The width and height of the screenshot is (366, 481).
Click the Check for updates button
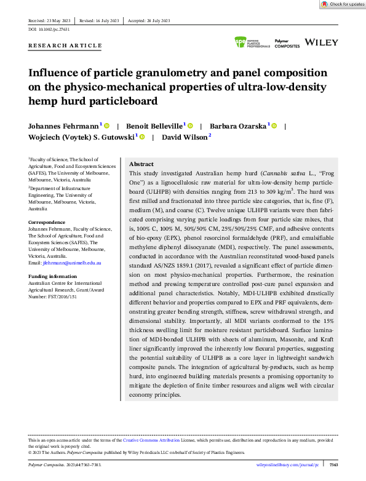click(343, 4)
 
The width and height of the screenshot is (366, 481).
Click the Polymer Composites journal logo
click(287, 44)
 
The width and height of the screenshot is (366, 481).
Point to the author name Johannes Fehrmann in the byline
click(65, 125)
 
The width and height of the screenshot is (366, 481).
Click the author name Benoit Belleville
click(154, 125)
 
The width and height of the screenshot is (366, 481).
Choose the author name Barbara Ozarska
click(237, 125)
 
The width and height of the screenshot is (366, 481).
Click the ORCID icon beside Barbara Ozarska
click(274, 126)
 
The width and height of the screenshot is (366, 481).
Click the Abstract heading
click(141, 165)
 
